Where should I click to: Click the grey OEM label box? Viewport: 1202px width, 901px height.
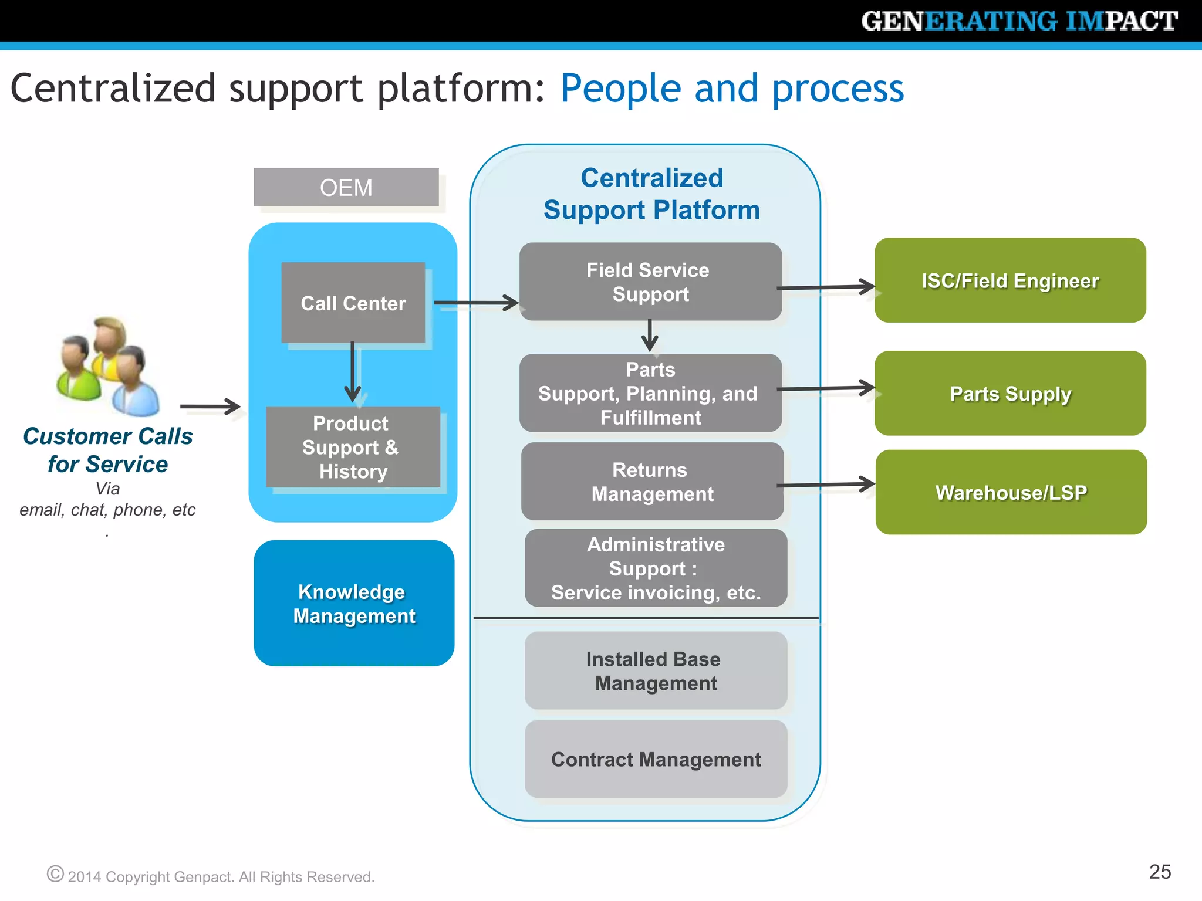(x=346, y=188)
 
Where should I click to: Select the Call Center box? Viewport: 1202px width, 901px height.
(x=353, y=303)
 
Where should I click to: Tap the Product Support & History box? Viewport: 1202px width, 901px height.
(x=353, y=447)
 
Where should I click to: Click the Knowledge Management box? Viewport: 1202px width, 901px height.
(x=354, y=604)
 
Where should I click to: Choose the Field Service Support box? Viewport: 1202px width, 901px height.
(x=650, y=282)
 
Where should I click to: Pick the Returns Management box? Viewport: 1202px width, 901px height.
(x=652, y=482)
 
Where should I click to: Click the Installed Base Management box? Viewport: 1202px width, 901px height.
(x=656, y=670)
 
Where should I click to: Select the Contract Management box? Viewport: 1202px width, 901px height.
(x=656, y=759)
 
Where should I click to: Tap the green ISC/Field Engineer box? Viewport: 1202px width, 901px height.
(x=1010, y=280)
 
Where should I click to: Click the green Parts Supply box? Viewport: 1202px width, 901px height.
(x=1010, y=394)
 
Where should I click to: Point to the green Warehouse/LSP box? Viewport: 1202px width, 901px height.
(x=1011, y=492)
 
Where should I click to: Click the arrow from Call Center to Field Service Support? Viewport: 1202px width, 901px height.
(x=475, y=303)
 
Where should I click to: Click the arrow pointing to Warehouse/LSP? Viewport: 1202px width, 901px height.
(x=825, y=485)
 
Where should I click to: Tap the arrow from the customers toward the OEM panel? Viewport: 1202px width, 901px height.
(x=210, y=406)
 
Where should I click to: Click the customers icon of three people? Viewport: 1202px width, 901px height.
(x=109, y=366)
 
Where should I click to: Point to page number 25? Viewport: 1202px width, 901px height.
(x=1160, y=872)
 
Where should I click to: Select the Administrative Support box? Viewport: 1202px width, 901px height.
(x=656, y=568)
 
